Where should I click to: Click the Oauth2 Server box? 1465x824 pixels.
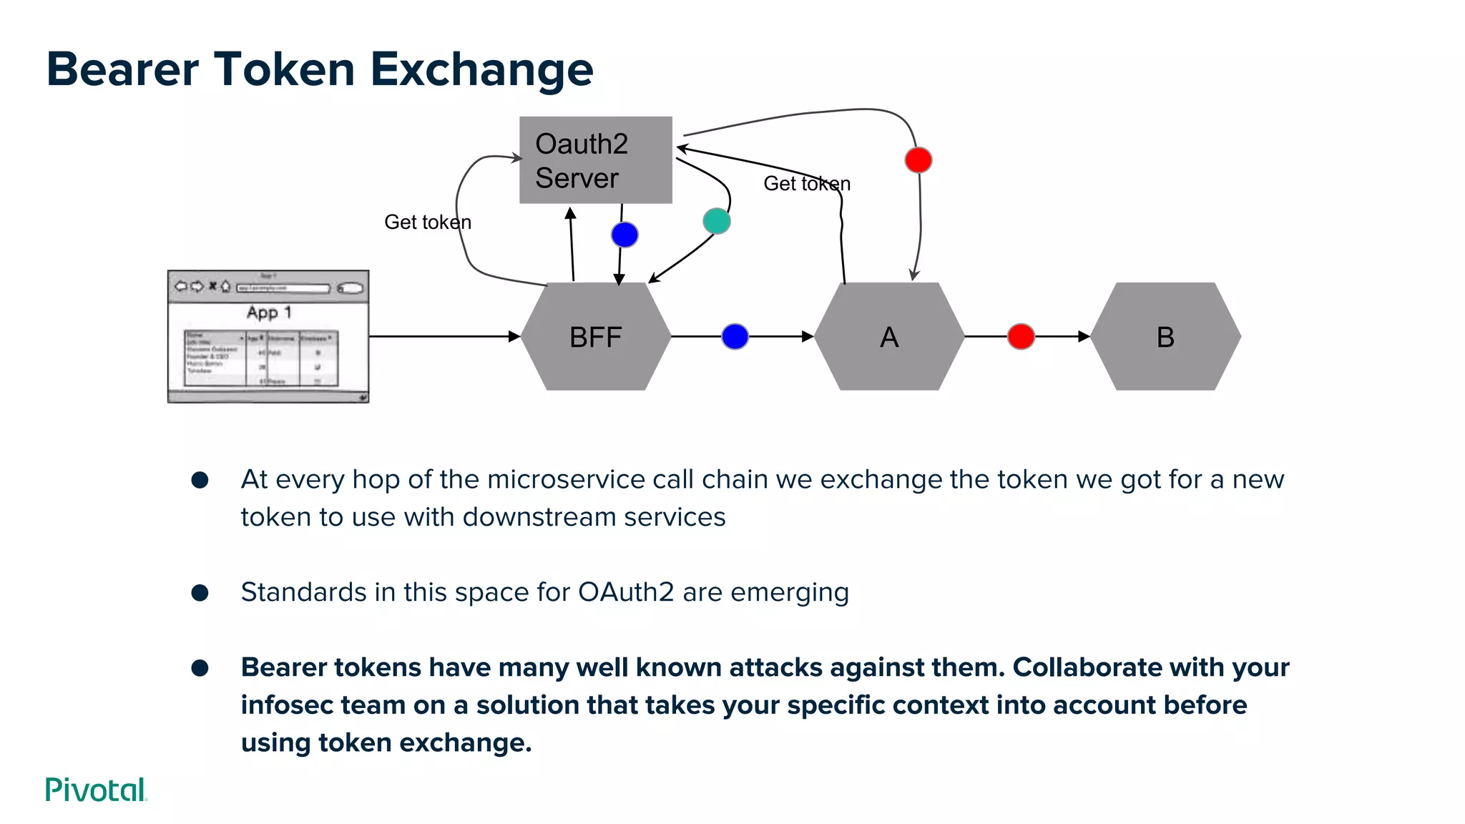click(595, 160)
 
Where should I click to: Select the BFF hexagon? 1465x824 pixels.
click(595, 336)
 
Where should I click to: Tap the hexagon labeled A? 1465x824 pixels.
click(888, 336)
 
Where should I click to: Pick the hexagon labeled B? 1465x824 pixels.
click(1165, 336)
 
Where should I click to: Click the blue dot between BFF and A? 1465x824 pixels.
click(735, 336)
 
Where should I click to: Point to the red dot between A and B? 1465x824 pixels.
click(1021, 336)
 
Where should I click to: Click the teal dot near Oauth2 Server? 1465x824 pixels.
click(716, 221)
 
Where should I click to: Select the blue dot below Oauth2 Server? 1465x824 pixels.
click(624, 235)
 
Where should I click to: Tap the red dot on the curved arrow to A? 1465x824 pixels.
click(918, 160)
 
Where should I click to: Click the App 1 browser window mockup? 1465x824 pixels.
click(268, 336)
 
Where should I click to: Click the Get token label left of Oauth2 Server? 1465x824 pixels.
click(427, 222)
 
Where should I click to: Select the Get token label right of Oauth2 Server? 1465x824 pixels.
click(806, 184)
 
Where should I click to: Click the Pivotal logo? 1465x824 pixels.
click(96, 790)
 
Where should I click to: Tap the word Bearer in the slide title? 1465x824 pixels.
click(122, 69)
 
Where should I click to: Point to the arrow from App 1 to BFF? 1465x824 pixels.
click(444, 335)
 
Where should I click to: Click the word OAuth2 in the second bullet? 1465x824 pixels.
click(625, 592)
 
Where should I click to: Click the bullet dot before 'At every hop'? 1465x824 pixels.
click(200, 480)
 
